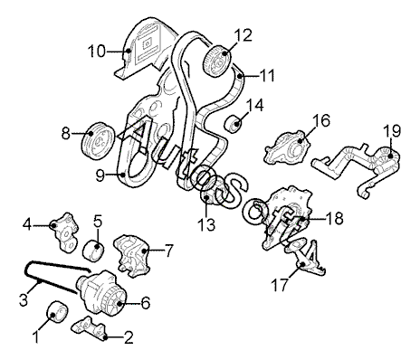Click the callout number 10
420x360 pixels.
[97, 52]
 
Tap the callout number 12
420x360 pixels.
[243, 35]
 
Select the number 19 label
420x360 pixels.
[392, 131]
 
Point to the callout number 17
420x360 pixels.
[280, 285]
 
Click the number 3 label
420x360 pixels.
[24, 300]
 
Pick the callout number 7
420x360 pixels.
[168, 251]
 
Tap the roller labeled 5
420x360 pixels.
[93, 251]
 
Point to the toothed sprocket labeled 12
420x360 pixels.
[217, 62]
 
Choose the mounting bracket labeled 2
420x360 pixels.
[89, 328]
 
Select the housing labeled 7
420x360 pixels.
[132, 256]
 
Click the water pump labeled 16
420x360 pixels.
[287, 147]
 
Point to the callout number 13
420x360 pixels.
[207, 224]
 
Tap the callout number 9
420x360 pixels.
[100, 176]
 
